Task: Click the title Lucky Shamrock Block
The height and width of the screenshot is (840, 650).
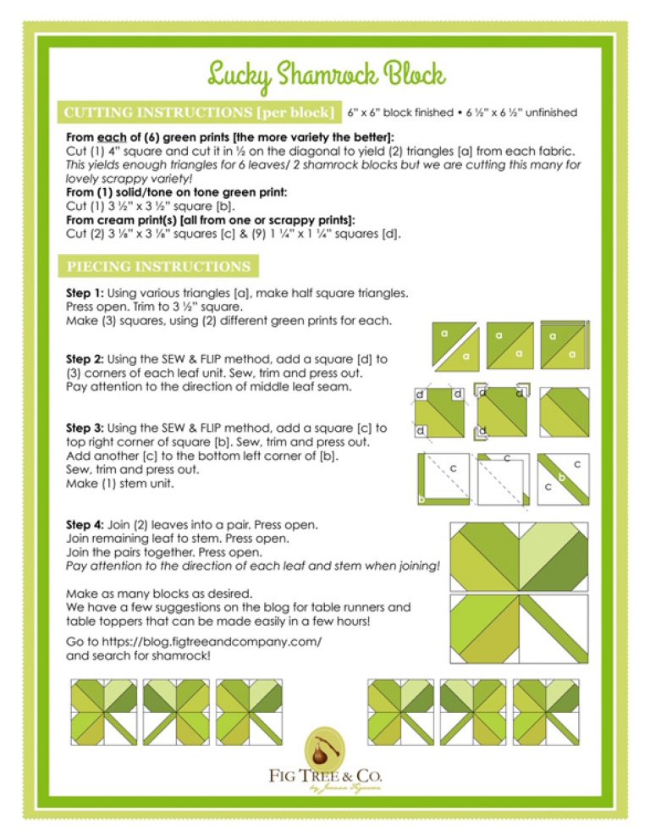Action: pos(325,75)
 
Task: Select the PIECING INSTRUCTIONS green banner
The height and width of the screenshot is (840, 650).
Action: pos(158,267)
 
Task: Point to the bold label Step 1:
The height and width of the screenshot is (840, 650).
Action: pos(84,292)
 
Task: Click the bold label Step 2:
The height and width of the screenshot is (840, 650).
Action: pos(84,359)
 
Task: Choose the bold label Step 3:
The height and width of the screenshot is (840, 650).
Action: pos(84,428)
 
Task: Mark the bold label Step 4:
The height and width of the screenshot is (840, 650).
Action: pos(84,525)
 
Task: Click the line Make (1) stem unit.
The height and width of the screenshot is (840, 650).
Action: pos(113,484)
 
